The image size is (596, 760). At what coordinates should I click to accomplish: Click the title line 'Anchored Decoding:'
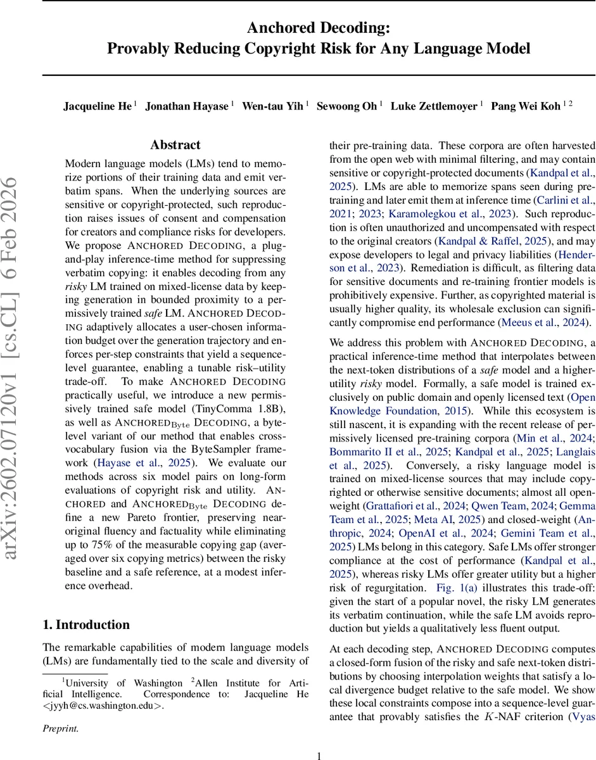[x=319, y=28]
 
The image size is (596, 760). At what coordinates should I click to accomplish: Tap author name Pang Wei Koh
[x=526, y=106]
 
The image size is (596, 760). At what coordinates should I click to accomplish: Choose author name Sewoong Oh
[x=346, y=106]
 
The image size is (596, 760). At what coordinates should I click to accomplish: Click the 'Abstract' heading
[x=175, y=145]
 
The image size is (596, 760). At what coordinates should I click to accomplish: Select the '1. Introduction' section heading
[x=86, y=624]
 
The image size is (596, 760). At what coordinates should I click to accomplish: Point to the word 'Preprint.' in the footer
[x=60, y=729]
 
